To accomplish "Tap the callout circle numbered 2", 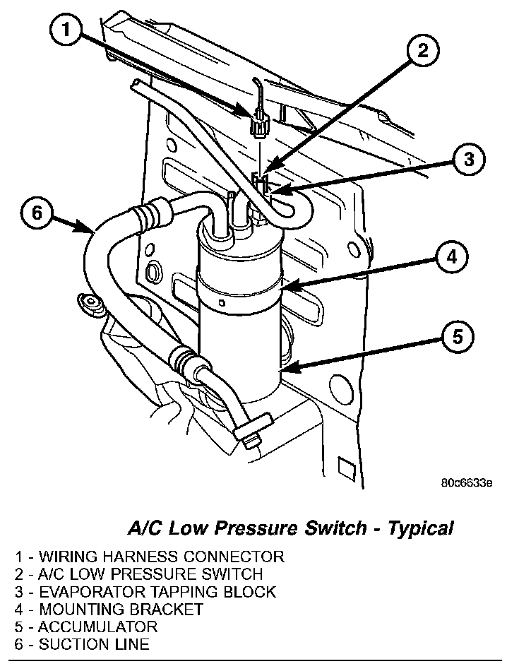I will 422,50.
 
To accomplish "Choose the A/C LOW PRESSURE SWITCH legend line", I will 138,574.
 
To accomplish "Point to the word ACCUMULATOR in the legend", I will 97,627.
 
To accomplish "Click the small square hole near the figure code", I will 345,467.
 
